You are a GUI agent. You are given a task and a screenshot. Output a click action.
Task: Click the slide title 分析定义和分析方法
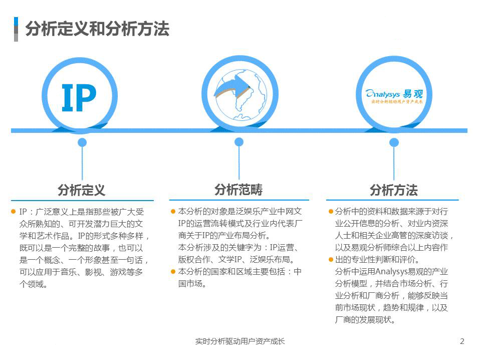pyautogui.click(x=97, y=29)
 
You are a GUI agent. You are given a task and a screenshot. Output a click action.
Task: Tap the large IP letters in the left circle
pyautogui.click(x=79, y=98)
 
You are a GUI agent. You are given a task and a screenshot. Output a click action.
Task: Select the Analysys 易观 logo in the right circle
pyautogui.click(x=394, y=96)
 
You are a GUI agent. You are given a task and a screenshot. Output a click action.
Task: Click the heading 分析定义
pyautogui.click(x=82, y=190)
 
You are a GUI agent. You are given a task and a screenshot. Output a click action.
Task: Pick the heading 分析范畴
pyautogui.click(x=238, y=190)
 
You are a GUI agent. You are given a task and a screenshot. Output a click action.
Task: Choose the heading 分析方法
pyautogui.click(x=394, y=190)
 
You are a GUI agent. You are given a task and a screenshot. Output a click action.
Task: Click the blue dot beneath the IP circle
pyautogui.click(x=82, y=142)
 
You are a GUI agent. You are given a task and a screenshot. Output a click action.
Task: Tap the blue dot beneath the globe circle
pyautogui.click(x=239, y=142)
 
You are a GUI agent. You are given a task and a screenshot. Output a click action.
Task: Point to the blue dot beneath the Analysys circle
pyautogui.click(x=394, y=142)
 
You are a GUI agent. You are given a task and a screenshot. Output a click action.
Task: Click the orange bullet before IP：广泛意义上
pyautogui.click(x=13, y=212)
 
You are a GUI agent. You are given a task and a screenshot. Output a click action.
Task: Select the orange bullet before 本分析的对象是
pyautogui.click(x=173, y=211)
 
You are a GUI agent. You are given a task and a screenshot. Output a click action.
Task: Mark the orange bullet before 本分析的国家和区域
pyautogui.click(x=173, y=272)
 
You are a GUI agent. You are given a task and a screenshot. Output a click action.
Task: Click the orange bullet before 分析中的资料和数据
pyautogui.click(x=331, y=211)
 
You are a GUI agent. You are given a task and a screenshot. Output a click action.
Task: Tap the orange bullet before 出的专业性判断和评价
pyautogui.click(x=331, y=260)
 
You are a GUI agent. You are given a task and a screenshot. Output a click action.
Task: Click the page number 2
pyautogui.click(x=462, y=341)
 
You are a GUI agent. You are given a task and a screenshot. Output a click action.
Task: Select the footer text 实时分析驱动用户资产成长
pyautogui.click(x=240, y=341)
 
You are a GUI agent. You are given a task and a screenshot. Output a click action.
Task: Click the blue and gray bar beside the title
pyautogui.click(x=16, y=29)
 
